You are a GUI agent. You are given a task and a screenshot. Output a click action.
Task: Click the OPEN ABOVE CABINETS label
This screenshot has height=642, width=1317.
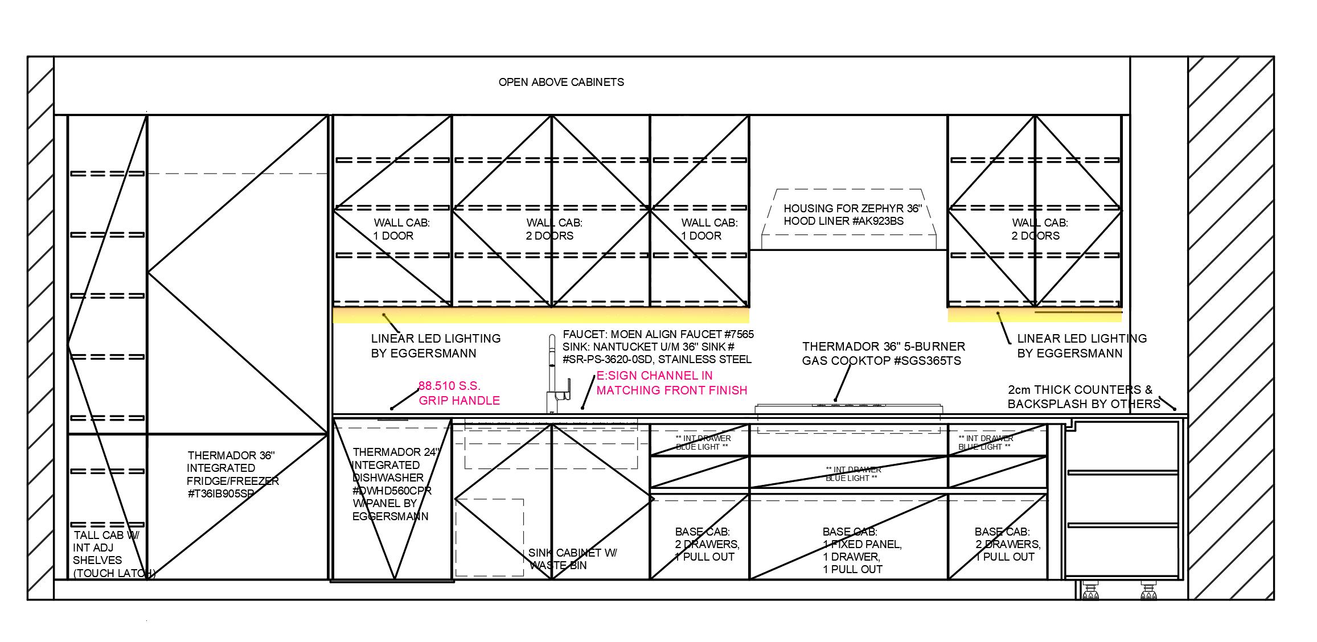pyautogui.click(x=561, y=82)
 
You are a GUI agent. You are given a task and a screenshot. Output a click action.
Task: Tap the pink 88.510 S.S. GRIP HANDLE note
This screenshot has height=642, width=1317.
pyautogui.click(x=459, y=393)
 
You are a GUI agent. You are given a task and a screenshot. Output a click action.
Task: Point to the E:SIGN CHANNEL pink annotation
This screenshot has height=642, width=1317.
pyautogui.click(x=671, y=383)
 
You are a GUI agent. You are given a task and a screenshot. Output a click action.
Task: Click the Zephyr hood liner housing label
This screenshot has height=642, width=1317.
pyautogui.click(x=852, y=215)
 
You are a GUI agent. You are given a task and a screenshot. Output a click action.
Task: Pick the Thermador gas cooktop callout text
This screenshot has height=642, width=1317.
pyautogui.click(x=883, y=353)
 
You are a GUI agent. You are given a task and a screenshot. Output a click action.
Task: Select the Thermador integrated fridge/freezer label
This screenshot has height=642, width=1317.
pyautogui.click(x=232, y=474)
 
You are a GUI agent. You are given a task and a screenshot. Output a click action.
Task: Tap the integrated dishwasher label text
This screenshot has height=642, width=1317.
pyautogui.click(x=392, y=484)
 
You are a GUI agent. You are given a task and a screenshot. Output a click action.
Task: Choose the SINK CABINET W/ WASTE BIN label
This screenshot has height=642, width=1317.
pyautogui.click(x=572, y=559)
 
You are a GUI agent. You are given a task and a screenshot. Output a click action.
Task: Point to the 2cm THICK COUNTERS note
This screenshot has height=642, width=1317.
pyautogui.click(x=1083, y=397)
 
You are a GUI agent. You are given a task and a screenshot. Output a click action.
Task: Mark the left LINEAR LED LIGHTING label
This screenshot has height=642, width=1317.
pyautogui.click(x=436, y=345)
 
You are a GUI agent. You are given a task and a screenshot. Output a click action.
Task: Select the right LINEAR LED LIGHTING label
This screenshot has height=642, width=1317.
pyautogui.click(x=1081, y=345)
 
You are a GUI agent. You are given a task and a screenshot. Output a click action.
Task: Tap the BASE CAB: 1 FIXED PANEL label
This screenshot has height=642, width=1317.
pyautogui.click(x=861, y=550)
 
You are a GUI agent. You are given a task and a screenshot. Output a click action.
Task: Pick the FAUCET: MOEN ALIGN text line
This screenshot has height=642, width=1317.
pyautogui.click(x=658, y=334)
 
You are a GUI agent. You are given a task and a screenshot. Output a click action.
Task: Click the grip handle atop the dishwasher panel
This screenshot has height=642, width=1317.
pyautogui.click(x=393, y=419)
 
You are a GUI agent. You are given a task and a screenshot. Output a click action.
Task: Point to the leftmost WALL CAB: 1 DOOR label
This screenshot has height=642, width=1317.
pyautogui.click(x=401, y=229)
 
